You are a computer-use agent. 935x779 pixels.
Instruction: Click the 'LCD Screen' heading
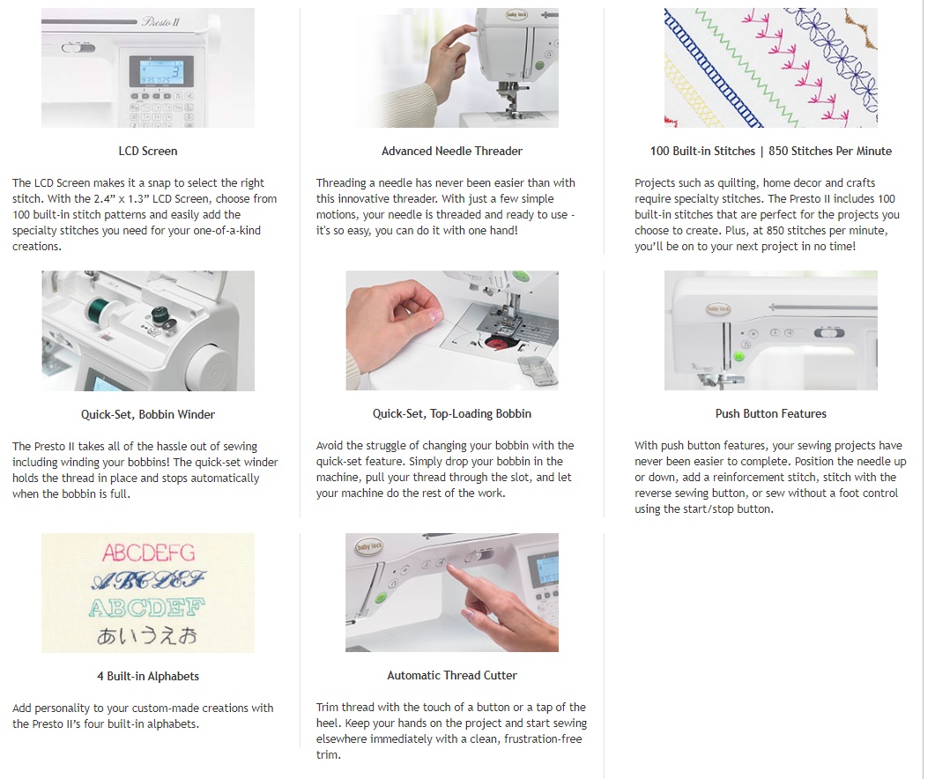(x=148, y=151)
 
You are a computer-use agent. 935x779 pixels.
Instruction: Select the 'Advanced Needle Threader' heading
(x=452, y=151)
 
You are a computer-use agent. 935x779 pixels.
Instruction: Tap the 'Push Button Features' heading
(x=771, y=413)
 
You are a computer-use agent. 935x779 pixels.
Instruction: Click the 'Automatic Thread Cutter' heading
(x=452, y=675)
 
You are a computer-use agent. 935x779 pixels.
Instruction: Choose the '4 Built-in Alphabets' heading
(x=148, y=676)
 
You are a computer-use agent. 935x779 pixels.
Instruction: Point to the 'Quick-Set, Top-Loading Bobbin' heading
(x=452, y=413)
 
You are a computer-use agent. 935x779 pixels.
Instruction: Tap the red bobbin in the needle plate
(x=495, y=343)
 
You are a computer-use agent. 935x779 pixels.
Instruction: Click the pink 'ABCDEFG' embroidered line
(x=148, y=553)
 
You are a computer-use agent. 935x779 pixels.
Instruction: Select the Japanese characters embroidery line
(x=147, y=636)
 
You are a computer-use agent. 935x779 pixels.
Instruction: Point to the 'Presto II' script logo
(x=160, y=22)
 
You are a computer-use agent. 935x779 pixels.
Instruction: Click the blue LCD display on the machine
(x=161, y=70)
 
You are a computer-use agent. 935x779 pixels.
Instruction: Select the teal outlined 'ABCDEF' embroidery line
(x=146, y=608)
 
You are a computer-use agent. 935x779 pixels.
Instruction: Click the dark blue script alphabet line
(x=148, y=580)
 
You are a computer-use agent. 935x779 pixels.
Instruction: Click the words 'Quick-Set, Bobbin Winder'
(x=148, y=414)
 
